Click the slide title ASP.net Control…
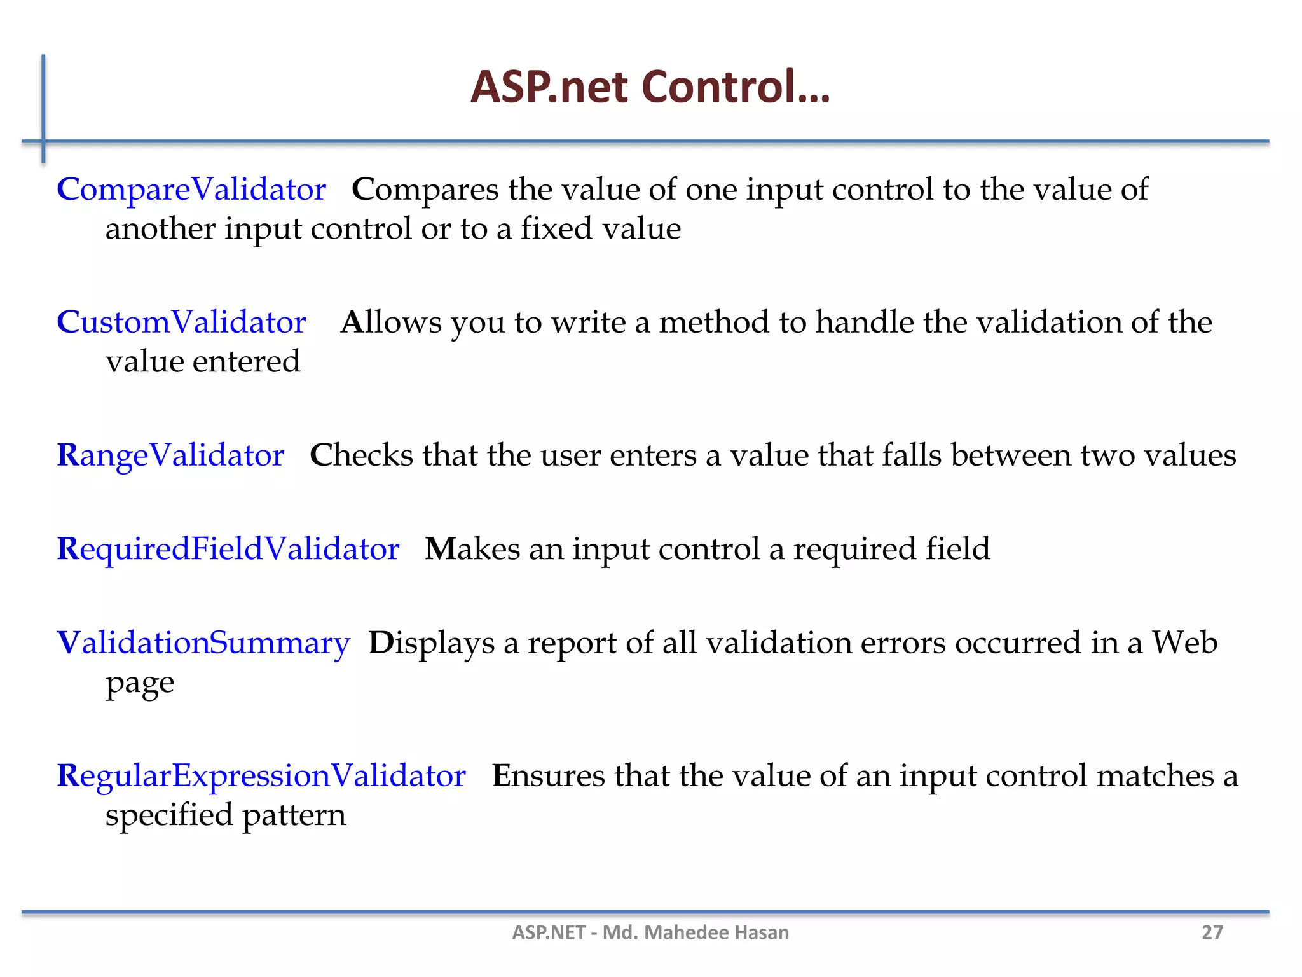click(650, 87)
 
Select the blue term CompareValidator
click(191, 190)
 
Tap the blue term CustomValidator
click(181, 322)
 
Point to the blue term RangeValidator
click(170, 455)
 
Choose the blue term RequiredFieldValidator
click(228, 549)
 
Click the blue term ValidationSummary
click(203, 643)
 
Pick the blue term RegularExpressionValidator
click(261, 776)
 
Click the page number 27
click(1212, 932)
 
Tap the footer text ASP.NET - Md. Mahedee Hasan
click(650, 932)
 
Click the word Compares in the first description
click(425, 190)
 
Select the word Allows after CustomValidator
click(391, 322)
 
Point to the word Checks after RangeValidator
click(361, 455)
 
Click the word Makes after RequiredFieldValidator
click(472, 549)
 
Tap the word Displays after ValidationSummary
click(431, 643)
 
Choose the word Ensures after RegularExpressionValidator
click(548, 776)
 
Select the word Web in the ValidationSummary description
click(1185, 643)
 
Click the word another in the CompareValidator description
click(160, 229)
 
